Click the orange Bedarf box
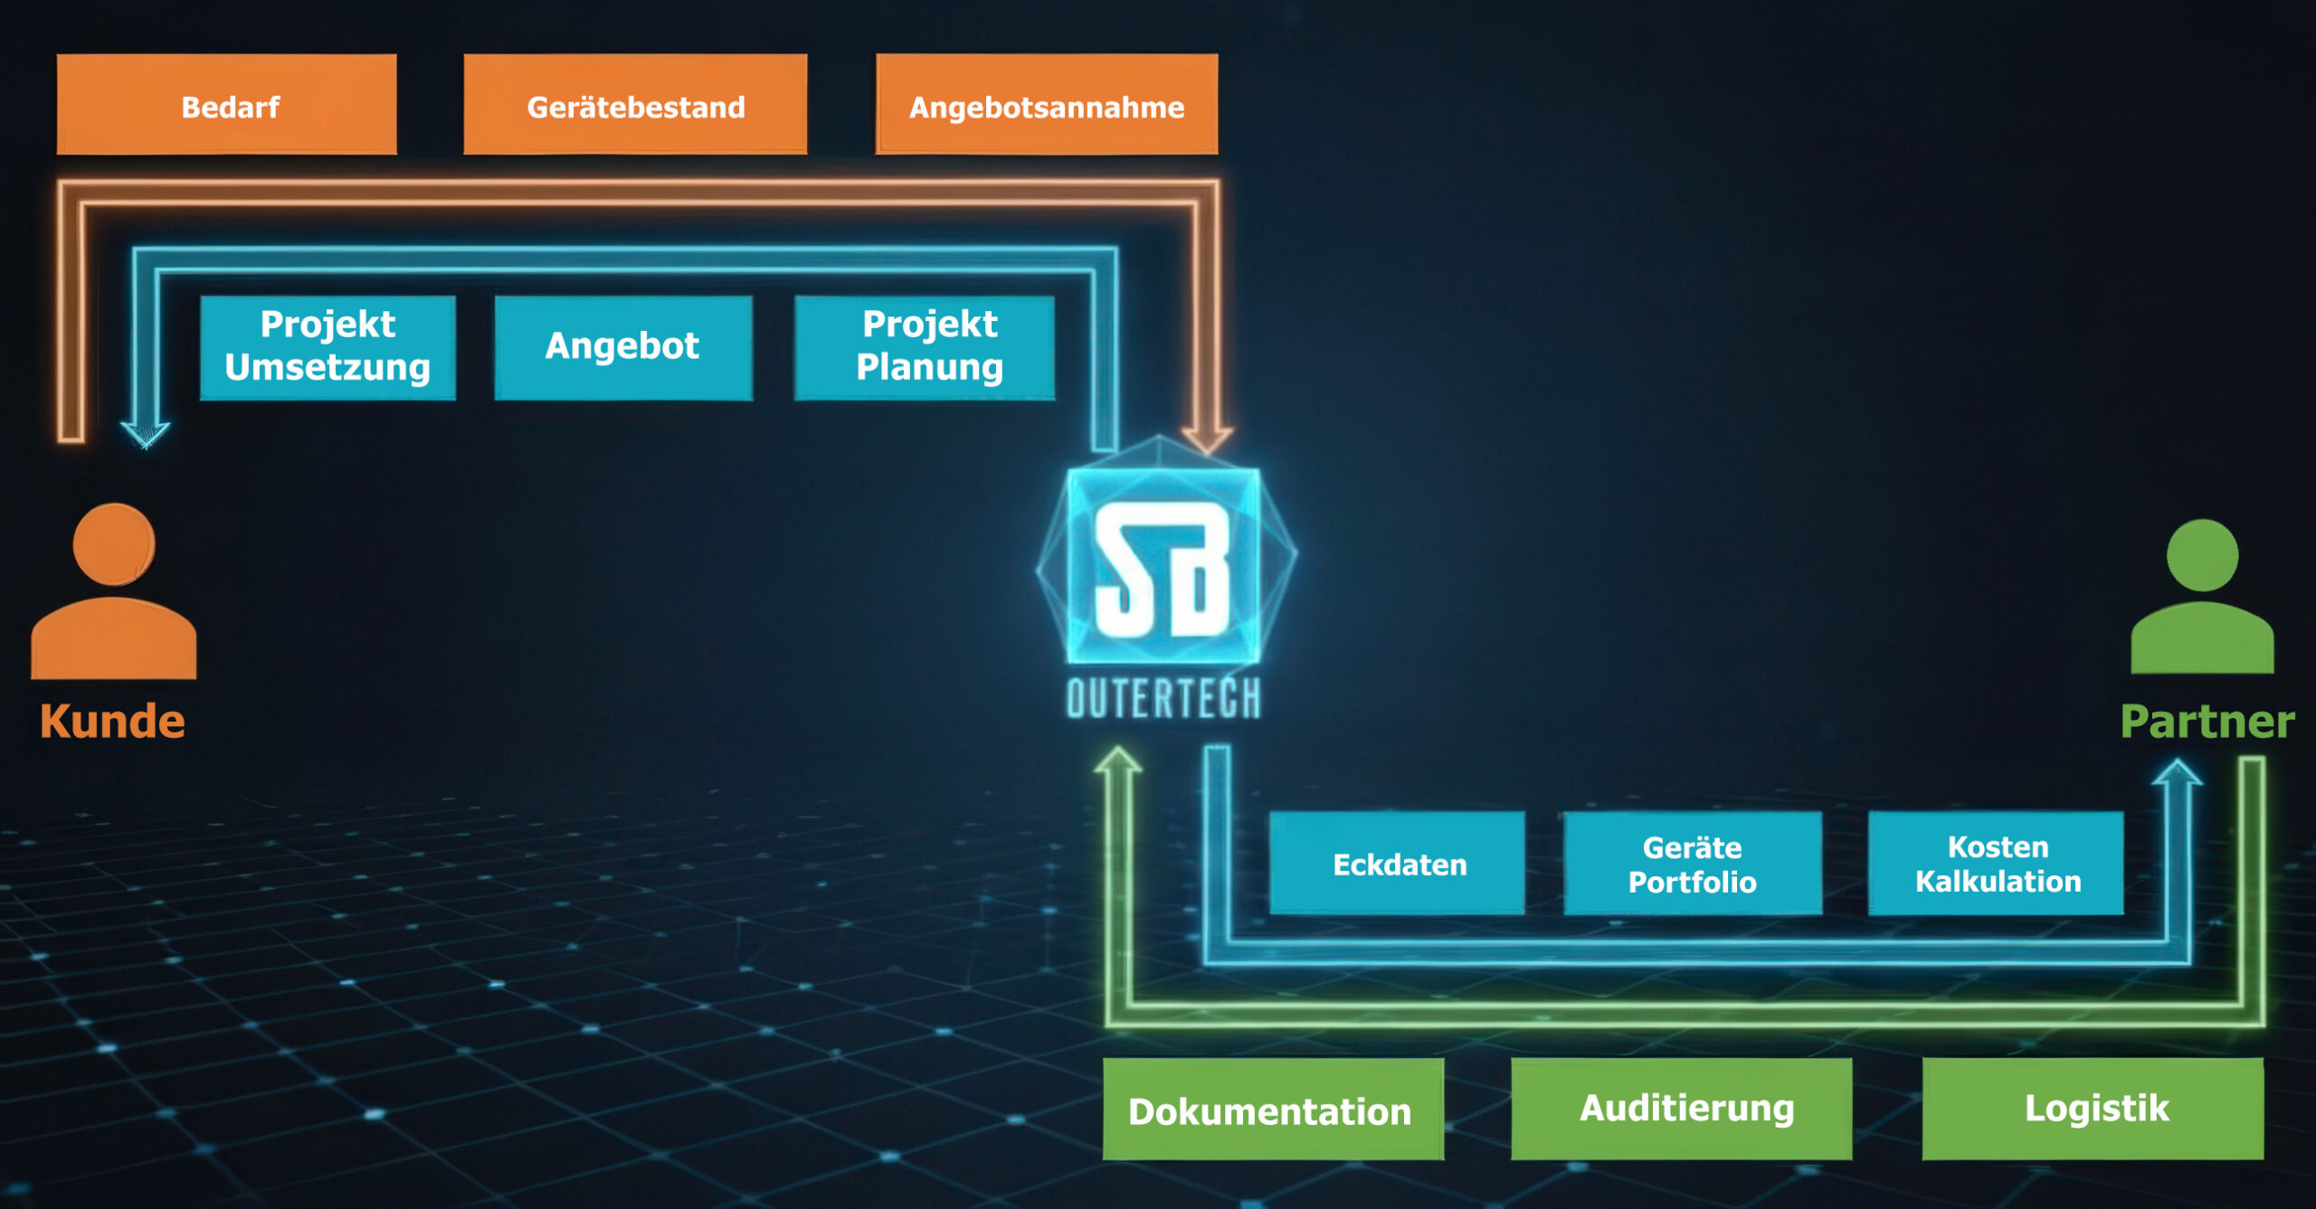[226, 105]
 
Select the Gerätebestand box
[635, 105]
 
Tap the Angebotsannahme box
[1047, 105]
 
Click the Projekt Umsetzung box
[327, 347]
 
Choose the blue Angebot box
[623, 347]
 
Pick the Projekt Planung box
[925, 347]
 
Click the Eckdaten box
[1397, 864]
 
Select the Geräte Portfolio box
[1693, 864]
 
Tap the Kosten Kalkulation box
[1997, 864]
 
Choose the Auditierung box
[1682, 1110]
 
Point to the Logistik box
[2093, 1110]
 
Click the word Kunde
[112, 722]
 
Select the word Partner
[2207, 722]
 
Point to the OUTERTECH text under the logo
[1164, 699]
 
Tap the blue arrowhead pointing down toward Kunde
[146, 434]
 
